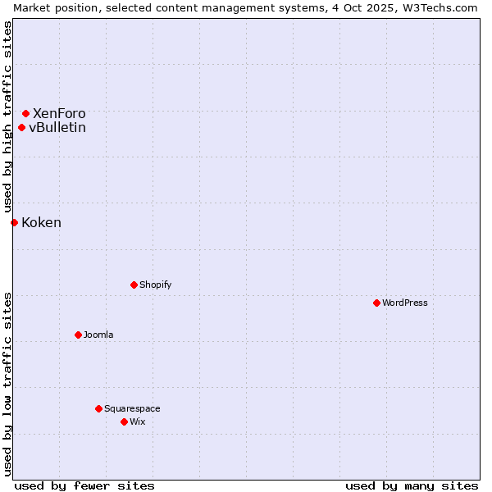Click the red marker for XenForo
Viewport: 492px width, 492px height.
pos(25,113)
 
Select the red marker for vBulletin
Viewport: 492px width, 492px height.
pos(21,127)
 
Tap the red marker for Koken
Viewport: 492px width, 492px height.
pos(14,222)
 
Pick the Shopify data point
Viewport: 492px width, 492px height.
pos(134,285)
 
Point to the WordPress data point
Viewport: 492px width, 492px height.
pos(376,303)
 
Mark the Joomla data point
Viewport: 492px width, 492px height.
pos(78,335)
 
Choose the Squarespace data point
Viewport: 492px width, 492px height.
pos(98,408)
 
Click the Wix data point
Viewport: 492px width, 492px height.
pos(124,421)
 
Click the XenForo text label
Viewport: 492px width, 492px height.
pos(59,113)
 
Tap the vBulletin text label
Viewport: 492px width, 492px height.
pos(57,127)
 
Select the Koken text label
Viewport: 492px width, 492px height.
pos(41,222)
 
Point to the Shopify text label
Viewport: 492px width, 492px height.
pos(156,285)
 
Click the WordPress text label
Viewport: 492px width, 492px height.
pos(405,303)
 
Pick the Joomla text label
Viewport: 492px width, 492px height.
pos(98,335)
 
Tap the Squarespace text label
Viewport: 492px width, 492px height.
pos(132,408)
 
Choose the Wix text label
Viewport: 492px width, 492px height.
pos(138,421)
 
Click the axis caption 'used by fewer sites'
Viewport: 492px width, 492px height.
pos(84,485)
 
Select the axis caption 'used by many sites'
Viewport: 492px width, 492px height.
pos(412,485)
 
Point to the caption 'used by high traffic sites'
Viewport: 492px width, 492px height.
pos(7,117)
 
